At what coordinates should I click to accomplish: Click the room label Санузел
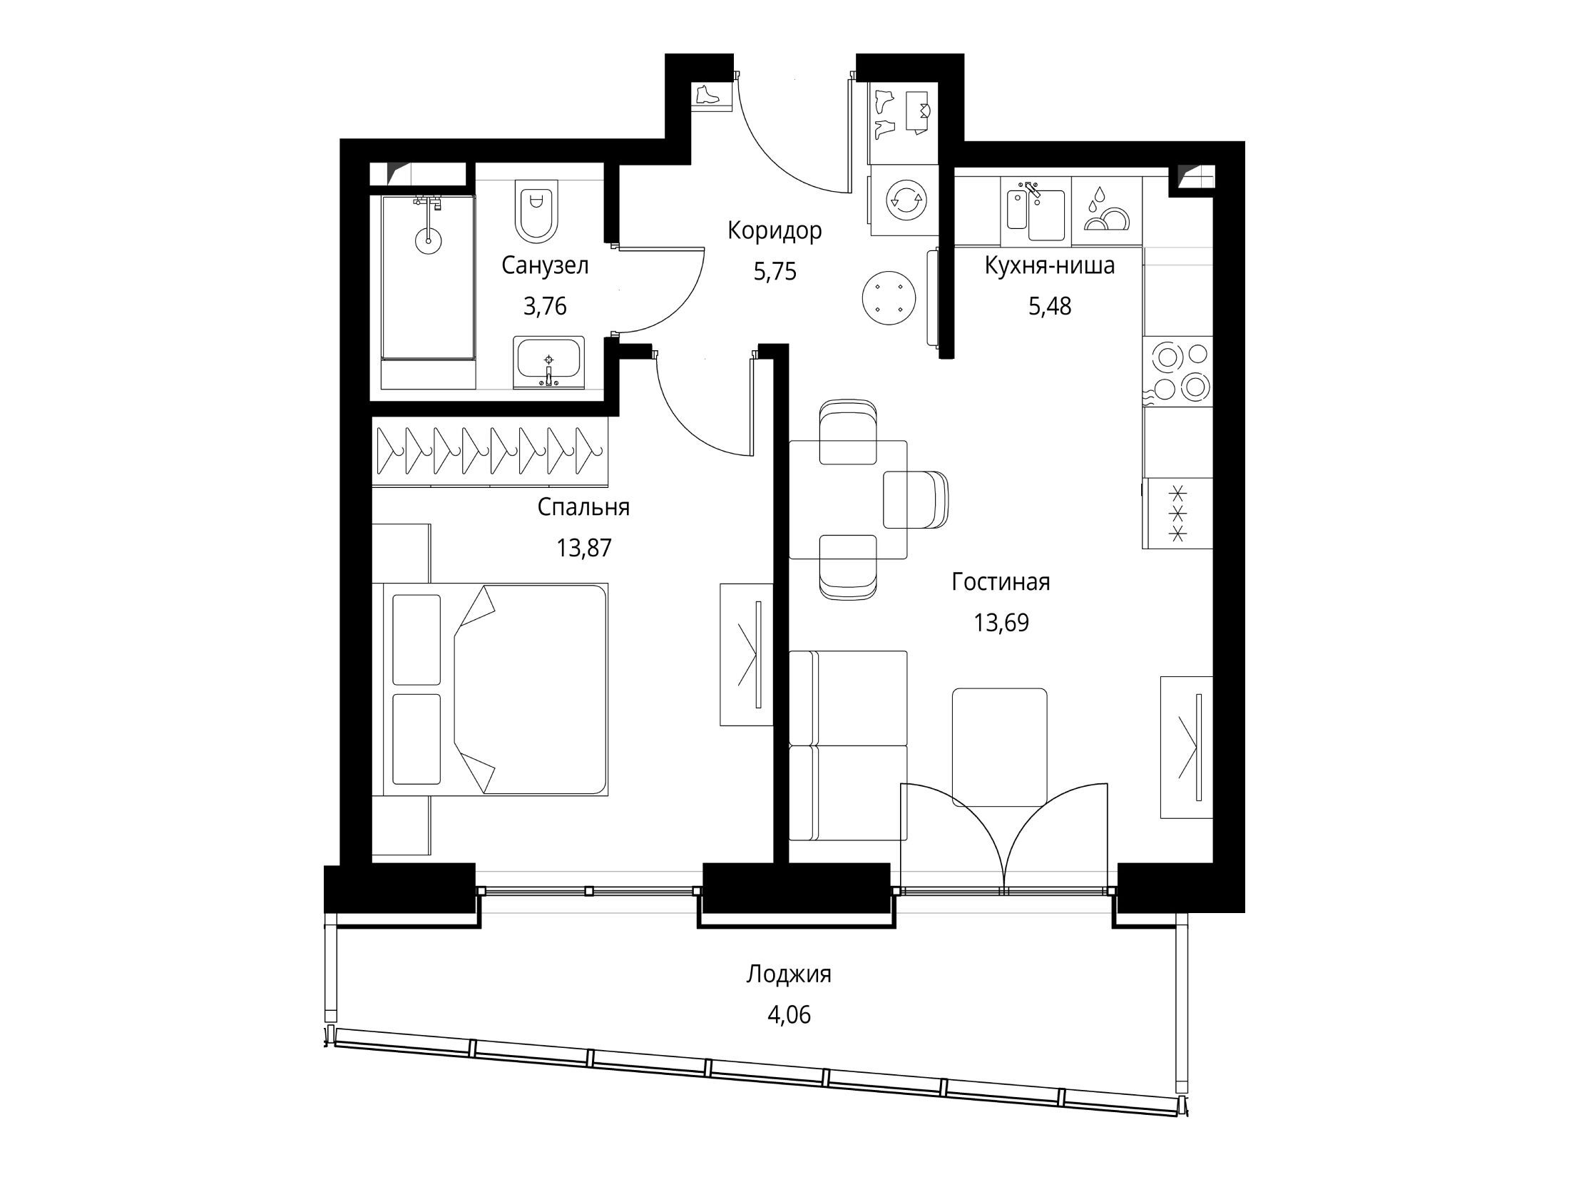point(545,266)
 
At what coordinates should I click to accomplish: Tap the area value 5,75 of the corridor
point(775,272)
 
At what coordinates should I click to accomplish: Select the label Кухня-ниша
point(1050,266)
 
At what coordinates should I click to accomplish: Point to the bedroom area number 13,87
point(584,548)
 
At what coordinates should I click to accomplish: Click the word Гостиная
point(1001,582)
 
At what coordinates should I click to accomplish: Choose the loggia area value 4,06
point(789,1014)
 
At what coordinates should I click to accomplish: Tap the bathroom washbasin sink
point(548,362)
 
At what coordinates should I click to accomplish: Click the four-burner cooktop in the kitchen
point(1177,371)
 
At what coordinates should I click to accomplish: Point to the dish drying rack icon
point(1107,210)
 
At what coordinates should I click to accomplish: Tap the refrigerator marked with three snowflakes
point(1177,513)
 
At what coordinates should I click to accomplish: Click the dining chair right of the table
point(916,499)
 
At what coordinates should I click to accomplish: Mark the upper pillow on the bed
point(416,640)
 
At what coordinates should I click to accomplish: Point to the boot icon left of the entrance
point(707,95)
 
